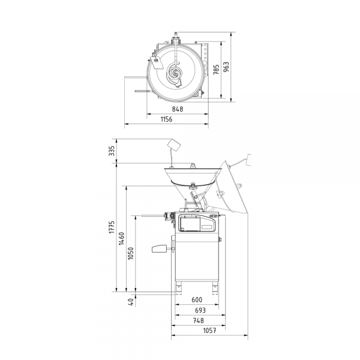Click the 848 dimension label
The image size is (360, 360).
[x=178, y=109]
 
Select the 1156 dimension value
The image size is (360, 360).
[x=166, y=119]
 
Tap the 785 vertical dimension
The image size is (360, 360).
[x=216, y=70]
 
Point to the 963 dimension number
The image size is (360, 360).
[x=226, y=67]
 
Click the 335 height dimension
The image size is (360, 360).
[x=112, y=151]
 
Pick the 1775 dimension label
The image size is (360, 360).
[x=112, y=227]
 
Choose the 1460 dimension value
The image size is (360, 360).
[x=121, y=239]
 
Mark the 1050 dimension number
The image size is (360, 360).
[x=131, y=253]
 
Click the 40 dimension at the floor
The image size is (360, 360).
[x=131, y=302]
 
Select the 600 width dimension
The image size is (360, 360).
[x=197, y=299]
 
